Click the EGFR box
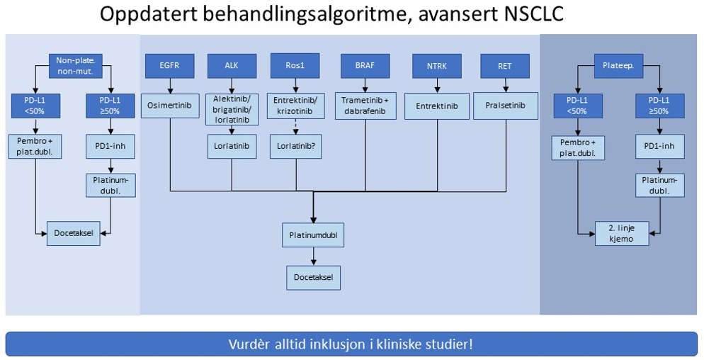[169, 66]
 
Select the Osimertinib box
[170, 106]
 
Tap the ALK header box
[232, 66]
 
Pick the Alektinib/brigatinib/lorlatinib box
[232, 109]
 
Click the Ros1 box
[296, 66]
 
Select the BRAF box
[365, 66]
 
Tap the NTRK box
[437, 66]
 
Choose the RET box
[505, 66]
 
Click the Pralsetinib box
[505, 106]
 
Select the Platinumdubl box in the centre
[312, 235]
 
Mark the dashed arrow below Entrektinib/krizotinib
[296, 128]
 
